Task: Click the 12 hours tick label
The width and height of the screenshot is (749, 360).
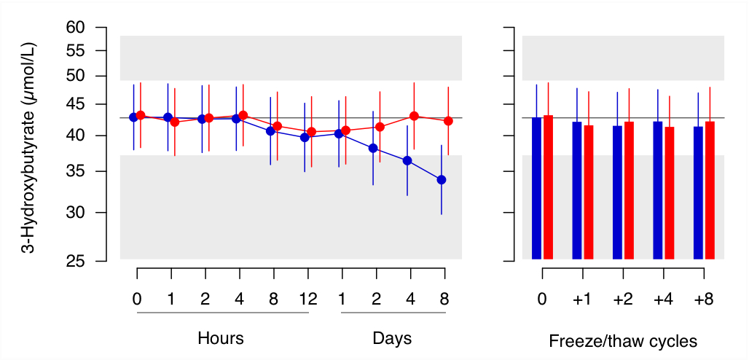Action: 308,299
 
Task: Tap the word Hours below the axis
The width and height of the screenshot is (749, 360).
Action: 221,339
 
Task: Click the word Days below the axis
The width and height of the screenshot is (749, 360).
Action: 392,339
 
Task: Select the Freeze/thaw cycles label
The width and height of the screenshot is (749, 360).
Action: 623,341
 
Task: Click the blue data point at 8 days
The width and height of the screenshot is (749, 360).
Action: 441,180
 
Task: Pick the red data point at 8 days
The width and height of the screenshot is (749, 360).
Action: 448,121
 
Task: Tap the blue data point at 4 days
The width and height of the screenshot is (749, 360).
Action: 407,160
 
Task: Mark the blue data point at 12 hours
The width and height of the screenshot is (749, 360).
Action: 305,137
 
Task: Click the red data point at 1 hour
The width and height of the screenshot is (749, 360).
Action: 174,122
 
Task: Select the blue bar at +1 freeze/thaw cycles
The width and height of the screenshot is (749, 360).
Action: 577,189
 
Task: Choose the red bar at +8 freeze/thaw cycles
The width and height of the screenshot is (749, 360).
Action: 710,189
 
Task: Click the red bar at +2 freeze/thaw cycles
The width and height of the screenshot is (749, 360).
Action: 629,189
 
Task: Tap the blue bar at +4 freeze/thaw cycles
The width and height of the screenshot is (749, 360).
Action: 658,189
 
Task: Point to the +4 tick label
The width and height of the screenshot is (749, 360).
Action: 663,299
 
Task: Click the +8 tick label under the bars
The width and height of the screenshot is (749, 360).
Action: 704,299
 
